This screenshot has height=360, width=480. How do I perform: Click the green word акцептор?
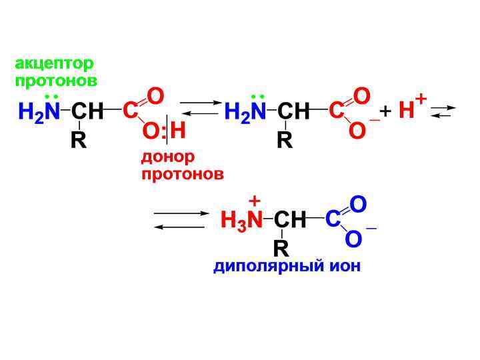click(55, 64)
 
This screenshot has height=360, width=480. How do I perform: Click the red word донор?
click(168, 158)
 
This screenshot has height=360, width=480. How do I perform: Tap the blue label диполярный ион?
click(287, 267)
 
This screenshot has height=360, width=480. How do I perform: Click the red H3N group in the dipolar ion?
click(241, 221)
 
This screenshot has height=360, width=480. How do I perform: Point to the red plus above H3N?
click(254, 200)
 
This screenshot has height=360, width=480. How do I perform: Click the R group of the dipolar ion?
click(281, 249)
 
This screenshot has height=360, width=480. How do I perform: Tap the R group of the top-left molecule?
click(79, 141)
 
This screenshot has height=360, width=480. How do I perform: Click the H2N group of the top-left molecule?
click(39, 112)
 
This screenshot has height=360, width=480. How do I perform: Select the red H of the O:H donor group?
click(177, 130)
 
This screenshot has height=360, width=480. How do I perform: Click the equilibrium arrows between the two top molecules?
click(199, 108)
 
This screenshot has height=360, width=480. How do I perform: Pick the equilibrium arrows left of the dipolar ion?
click(182, 220)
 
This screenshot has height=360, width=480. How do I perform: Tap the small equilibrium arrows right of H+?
click(443, 111)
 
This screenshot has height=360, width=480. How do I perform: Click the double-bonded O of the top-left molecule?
click(155, 97)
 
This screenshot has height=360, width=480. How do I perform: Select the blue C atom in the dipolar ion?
click(333, 219)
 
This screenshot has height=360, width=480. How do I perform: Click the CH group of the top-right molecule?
click(294, 112)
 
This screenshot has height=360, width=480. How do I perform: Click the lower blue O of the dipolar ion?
click(354, 239)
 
